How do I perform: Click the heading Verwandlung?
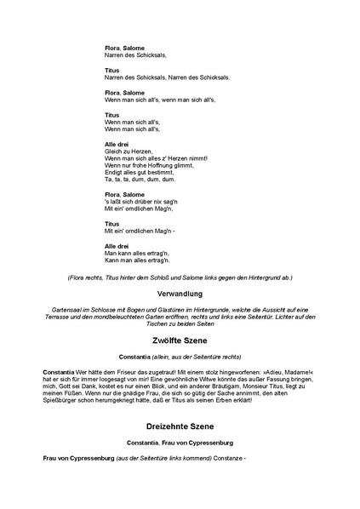click(180, 293)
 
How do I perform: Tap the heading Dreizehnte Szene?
click(180, 426)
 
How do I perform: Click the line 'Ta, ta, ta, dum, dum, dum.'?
click(140, 180)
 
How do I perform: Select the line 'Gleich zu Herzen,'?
click(129, 152)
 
